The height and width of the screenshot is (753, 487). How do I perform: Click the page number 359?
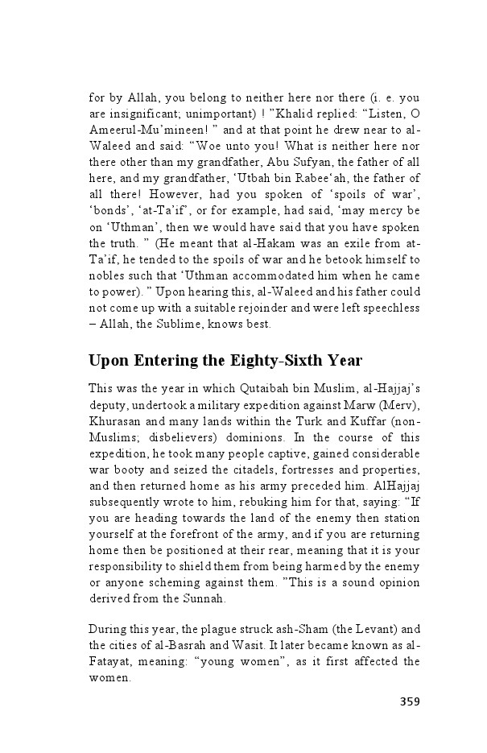410,701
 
